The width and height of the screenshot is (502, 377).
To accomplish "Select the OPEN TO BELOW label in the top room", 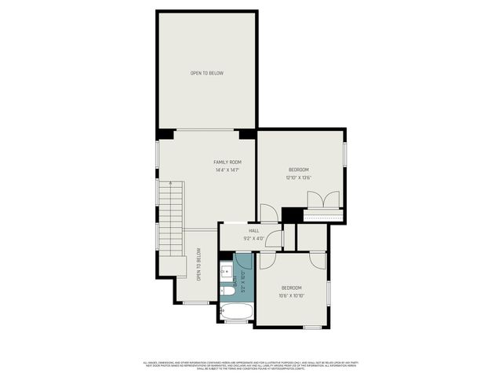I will coord(207,73).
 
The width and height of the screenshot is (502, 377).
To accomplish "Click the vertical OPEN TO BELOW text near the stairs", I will coord(199,265).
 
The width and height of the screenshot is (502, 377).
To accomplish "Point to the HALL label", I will coord(254,231).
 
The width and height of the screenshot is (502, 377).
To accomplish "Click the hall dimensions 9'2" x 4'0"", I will coord(254,238).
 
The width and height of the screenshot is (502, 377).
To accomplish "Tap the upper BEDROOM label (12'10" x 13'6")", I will coord(298,170).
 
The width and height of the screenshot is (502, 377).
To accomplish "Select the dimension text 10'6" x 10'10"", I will coord(292,296).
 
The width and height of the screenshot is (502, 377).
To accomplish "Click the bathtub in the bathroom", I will coord(237,311).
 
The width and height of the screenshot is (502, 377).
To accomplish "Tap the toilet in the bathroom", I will coord(227,291).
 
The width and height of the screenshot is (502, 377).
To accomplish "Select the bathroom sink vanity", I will coord(227,273).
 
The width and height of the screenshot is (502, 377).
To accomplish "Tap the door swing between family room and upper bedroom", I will coord(268,212).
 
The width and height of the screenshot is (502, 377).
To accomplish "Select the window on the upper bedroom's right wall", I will coord(344,154).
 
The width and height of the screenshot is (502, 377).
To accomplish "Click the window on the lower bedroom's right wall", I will coord(329,291).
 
